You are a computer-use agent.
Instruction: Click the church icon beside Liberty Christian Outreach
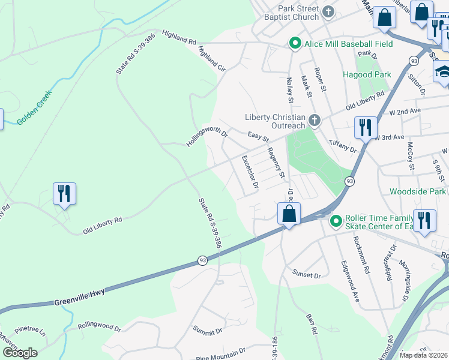314,122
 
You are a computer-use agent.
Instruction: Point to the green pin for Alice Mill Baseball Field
295,44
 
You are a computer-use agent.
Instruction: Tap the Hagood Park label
367,75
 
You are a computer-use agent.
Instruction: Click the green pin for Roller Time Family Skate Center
336,221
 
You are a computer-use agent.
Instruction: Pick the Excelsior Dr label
249,172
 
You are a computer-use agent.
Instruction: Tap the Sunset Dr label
307,275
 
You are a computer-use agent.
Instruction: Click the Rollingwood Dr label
99,329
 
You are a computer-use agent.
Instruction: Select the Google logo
20,353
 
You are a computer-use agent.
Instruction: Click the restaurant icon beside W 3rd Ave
366,127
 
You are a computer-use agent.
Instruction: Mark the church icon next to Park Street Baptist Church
328,12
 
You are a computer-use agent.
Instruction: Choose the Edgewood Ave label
349,280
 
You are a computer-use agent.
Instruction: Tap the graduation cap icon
443,72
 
